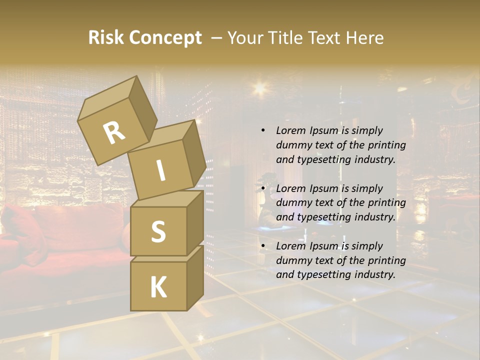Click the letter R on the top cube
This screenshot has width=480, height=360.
tap(114, 132)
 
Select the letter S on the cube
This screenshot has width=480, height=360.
tap(158, 232)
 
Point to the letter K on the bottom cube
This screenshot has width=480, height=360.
tap(158, 287)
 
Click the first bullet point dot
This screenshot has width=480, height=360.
tap(263, 130)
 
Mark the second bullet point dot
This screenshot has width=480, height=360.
tap(263, 188)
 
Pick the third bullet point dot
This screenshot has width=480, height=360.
tap(263, 246)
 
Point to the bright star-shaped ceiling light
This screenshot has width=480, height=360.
tap(259, 88)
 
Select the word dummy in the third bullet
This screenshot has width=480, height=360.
tap(292, 260)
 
